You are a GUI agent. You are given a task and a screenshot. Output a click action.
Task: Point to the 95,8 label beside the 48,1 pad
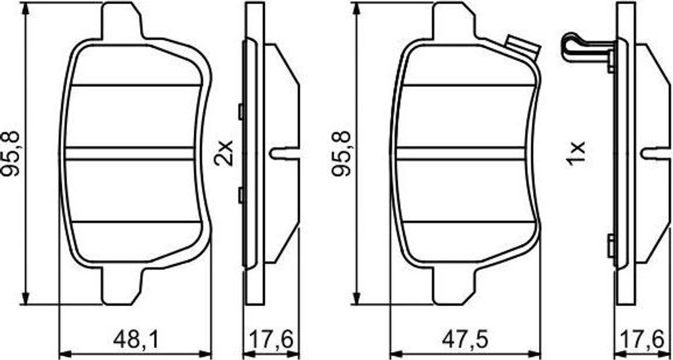[x=12, y=154]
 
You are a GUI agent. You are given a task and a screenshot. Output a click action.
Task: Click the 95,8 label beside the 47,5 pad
[x=342, y=154]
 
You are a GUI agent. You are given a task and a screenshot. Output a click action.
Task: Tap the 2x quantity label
[x=224, y=153]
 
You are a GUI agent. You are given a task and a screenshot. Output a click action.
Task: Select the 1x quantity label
[x=575, y=153]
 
